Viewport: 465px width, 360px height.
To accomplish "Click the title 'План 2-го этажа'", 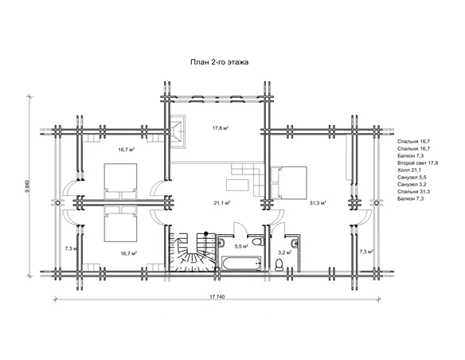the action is click(220, 62).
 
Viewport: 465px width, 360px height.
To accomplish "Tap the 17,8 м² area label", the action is click(220, 128).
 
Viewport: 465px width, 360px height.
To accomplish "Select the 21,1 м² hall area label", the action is click(222, 203).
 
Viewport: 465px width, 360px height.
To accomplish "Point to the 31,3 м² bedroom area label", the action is click(318, 203).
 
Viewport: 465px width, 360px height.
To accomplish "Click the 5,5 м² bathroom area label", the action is click(241, 246).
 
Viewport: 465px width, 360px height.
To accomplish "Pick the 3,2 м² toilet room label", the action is click(285, 252).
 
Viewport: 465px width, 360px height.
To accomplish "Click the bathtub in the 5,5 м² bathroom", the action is click(240, 264).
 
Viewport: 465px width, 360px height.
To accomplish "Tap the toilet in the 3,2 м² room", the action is click(279, 264).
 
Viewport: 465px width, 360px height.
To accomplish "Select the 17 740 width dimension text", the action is click(217, 297).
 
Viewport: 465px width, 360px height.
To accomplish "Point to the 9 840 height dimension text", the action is click(27, 186).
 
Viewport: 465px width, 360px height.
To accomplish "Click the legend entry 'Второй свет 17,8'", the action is click(418, 163).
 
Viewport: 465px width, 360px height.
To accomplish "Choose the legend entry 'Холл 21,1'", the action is click(409, 170).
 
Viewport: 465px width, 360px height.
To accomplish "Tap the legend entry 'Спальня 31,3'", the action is click(414, 192).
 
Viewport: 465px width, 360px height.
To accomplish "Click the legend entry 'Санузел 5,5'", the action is click(412, 178).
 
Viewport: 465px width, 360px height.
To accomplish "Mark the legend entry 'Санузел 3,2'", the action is click(412, 185).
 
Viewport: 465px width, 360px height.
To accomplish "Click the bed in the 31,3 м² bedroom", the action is click(289, 182).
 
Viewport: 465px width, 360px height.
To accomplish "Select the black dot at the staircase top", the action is click(206, 233).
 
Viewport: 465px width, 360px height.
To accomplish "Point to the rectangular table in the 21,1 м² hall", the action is click(237, 185).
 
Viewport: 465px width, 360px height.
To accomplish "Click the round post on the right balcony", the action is click(376, 203).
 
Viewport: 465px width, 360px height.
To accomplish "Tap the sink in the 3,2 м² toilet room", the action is click(295, 243).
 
